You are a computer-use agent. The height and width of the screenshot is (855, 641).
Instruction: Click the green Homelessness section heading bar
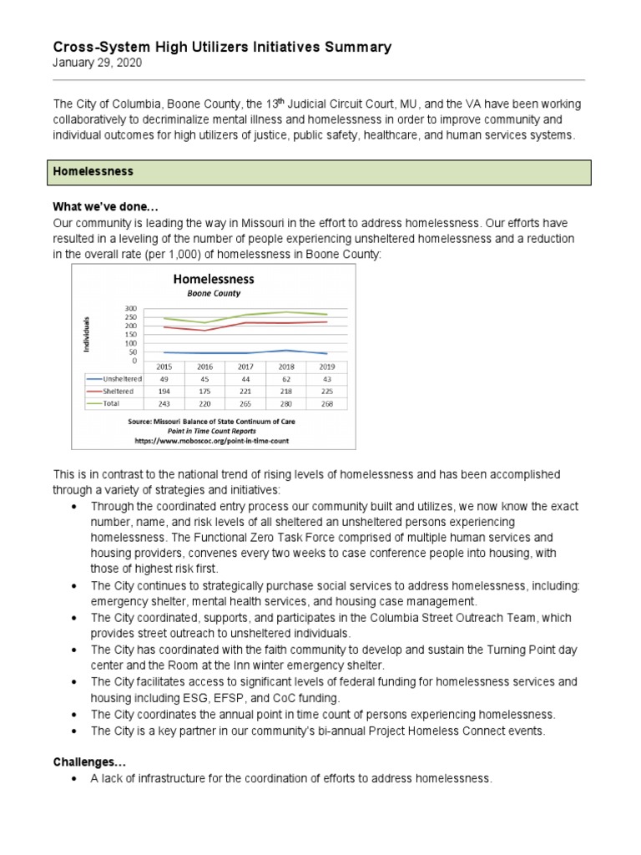click(322, 171)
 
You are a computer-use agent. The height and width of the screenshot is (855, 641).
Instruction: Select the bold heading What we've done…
click(106, 207)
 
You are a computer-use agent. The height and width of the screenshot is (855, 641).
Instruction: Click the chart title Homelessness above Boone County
click(213, 280)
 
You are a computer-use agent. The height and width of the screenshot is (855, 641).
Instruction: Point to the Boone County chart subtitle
click(213, 294)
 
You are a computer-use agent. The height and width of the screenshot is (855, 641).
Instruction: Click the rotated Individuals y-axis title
click(86, 334)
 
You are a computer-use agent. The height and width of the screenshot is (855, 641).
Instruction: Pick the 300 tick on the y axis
click(130, 309)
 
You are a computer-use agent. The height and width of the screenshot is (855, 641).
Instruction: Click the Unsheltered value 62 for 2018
click(286, 378)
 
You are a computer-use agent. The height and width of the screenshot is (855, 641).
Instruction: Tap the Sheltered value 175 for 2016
click(204, 390)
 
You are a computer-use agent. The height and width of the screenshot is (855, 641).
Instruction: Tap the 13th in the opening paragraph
click(271, 104)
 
